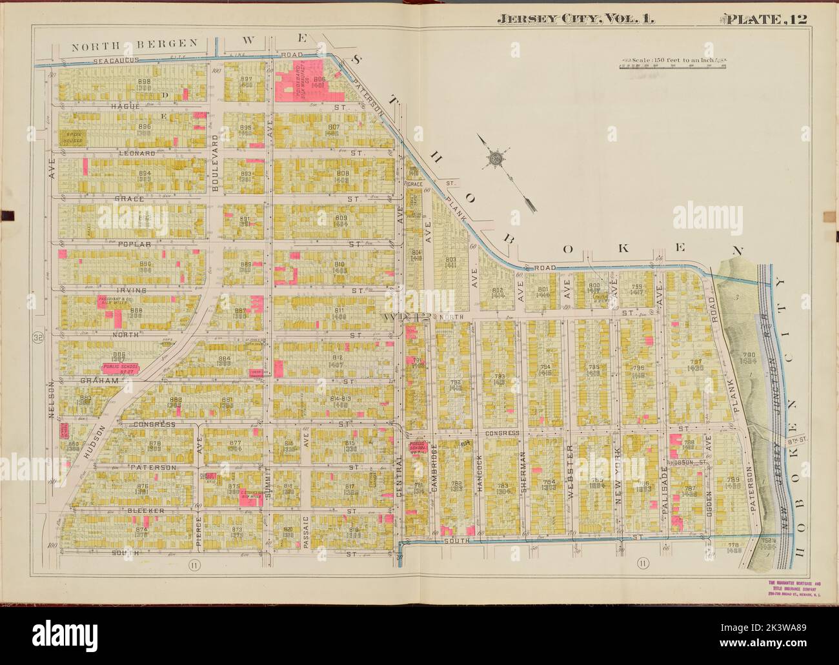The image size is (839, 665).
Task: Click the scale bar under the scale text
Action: pos(672,66)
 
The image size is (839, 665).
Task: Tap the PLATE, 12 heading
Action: pos(767,19)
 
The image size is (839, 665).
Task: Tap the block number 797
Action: pos(696,362)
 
